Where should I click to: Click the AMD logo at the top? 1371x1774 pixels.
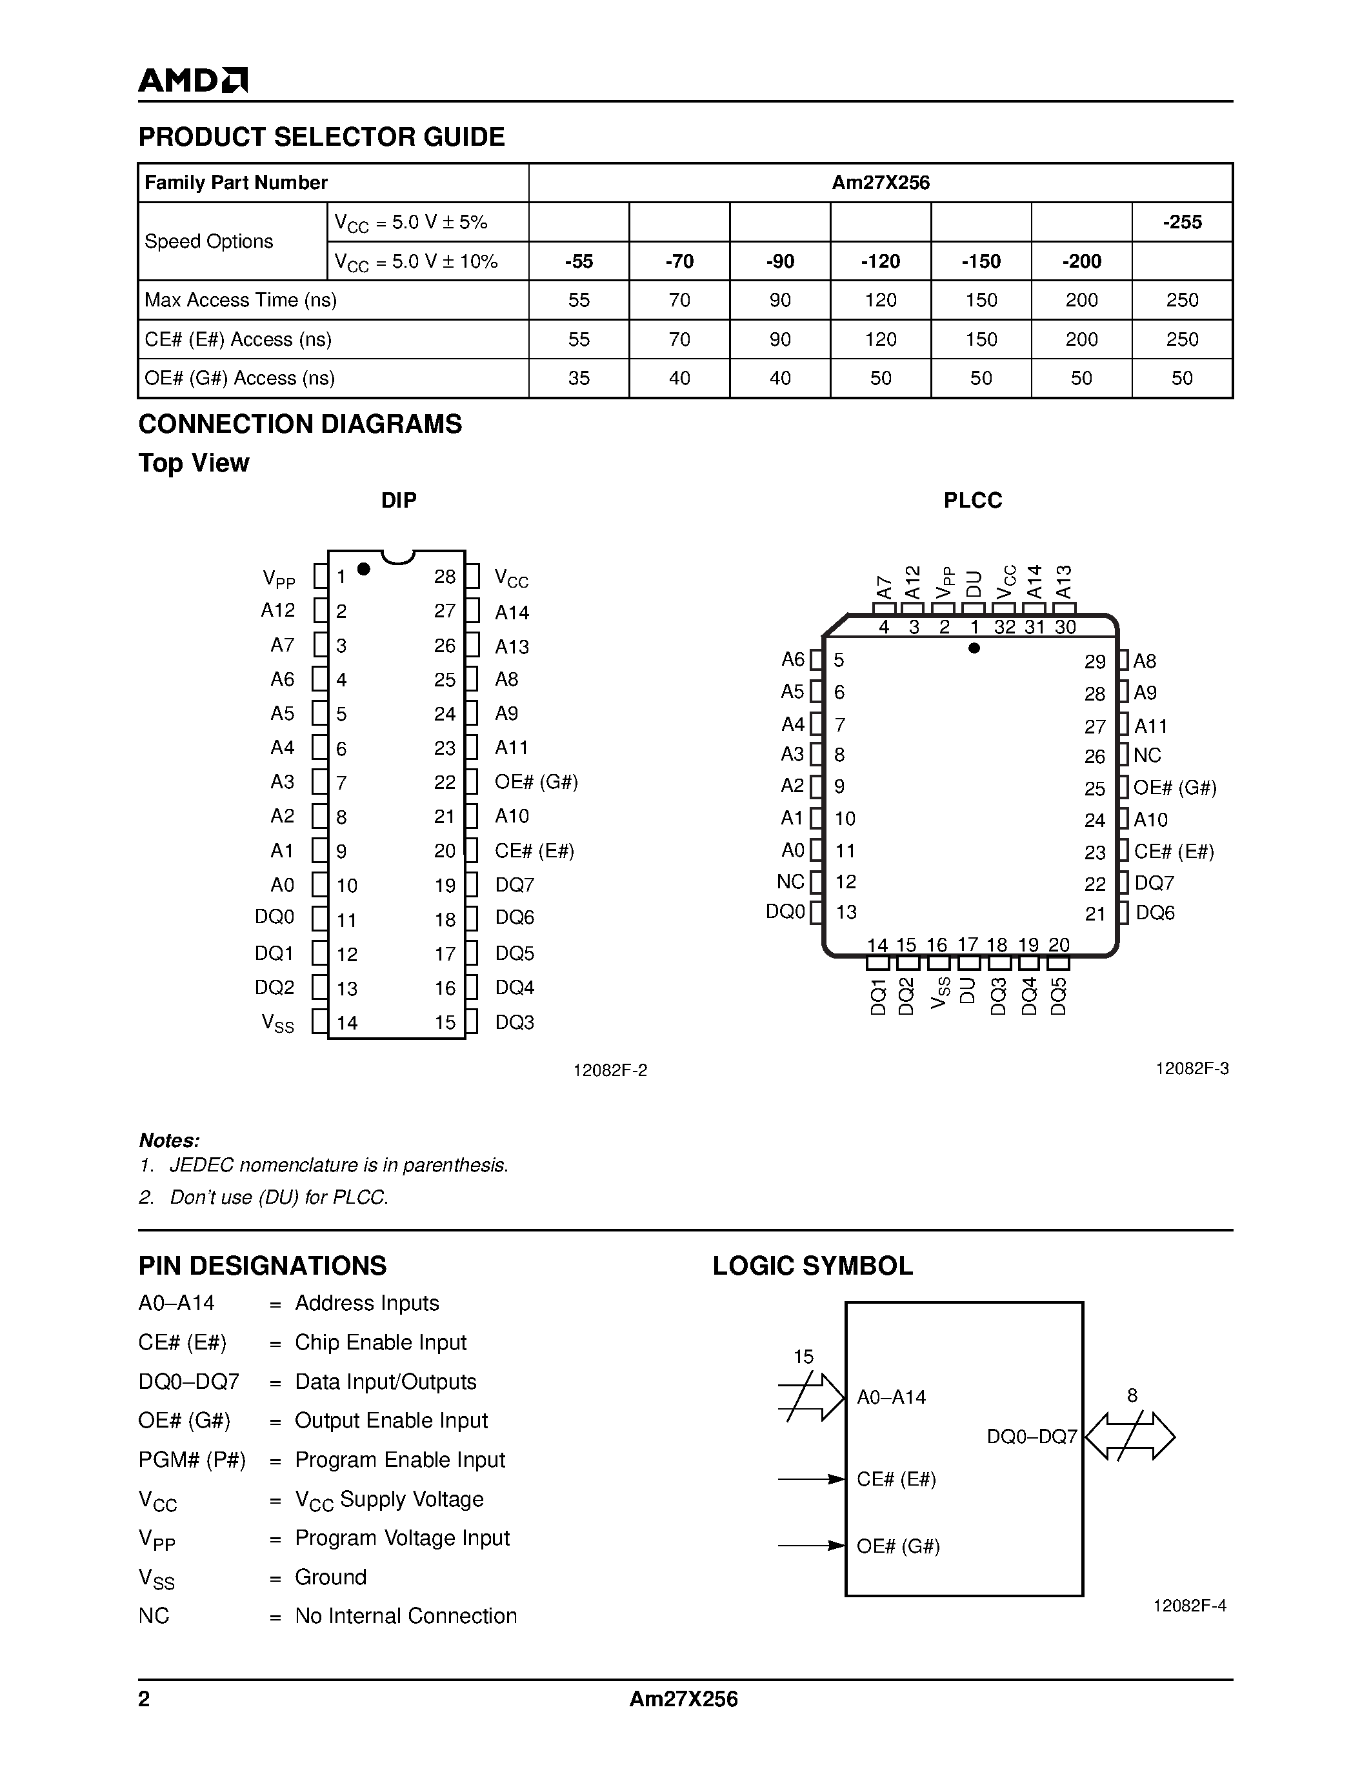(x=192, y=79)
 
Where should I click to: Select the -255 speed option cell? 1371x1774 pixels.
(x=1182, y=222)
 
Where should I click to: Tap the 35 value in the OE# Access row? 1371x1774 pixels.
(x=578, y=378)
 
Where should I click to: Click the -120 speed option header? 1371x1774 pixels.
(x=881, y=261)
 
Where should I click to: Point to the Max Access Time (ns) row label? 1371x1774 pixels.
(x=241, y=300)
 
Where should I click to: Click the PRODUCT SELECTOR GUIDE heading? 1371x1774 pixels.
(x=322, y=137)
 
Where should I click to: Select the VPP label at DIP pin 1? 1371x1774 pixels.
(x=279, y=579)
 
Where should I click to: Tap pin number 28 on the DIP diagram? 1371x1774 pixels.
(x=445, y=576)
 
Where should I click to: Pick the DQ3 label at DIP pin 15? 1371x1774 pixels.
(x=515, y=1022)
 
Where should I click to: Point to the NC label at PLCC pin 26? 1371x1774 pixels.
(x=1147, y=755)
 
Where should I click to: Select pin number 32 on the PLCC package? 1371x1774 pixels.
(x=1005, y=627)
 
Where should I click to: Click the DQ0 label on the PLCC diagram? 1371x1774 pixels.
(x=785, y=912)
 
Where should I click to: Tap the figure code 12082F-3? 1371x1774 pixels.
(x=1192, y=1068)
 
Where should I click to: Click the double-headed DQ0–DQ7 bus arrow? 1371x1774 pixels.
(x=1130, y=1436)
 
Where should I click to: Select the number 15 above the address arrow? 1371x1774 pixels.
(x=803, y=1357)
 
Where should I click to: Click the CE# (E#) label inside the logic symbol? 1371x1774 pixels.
(x=897, y=1479)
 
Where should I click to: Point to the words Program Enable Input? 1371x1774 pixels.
(x=399, y=1460)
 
